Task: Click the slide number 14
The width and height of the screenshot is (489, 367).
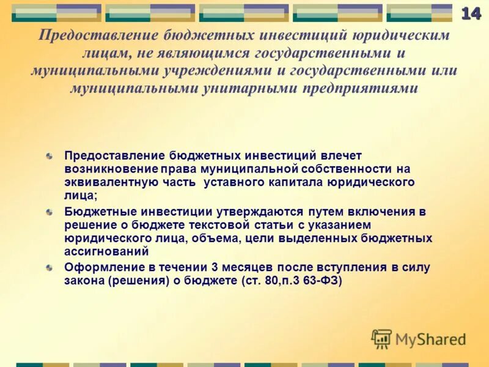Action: [x=471, y=13]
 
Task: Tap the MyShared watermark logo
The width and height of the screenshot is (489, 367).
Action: [x=419, y=338]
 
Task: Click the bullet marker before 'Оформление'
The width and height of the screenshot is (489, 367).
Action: [x=49, y=268]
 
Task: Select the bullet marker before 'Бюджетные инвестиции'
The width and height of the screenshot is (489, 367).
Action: [x=49, y=212]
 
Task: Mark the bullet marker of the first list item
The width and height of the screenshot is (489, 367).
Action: [x=49, y=157]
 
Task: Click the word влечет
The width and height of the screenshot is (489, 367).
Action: [x=344, y=156]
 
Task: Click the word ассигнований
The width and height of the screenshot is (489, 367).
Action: [x=106, y=251]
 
